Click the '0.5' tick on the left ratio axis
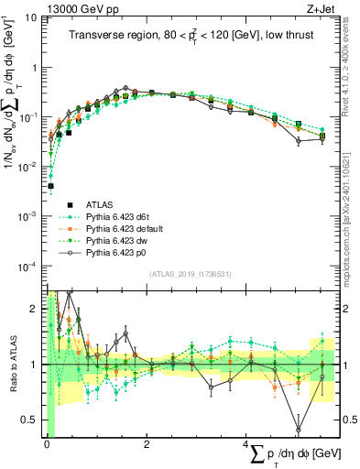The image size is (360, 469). click(30, 419)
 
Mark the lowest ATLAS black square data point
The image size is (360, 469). click(50, 186)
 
